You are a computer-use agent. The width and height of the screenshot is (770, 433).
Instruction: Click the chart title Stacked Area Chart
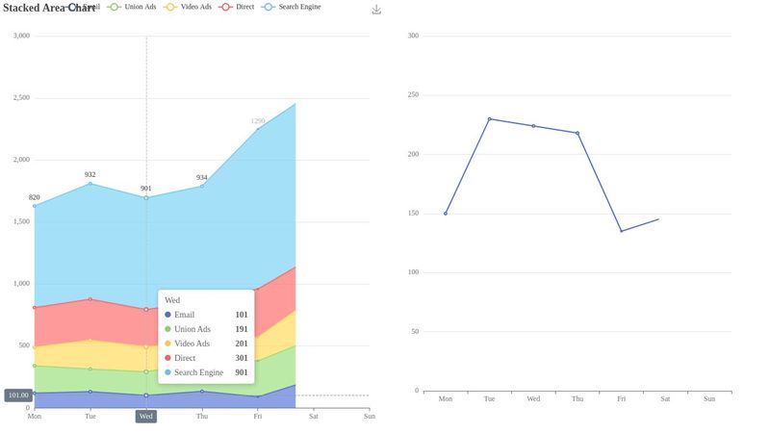48,8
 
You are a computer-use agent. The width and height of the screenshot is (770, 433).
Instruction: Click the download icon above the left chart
376,9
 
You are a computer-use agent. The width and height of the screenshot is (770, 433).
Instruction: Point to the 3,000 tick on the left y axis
20,36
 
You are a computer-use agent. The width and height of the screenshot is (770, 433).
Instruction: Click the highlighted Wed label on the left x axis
145,417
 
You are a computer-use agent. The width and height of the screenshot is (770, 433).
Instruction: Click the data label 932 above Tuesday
90,175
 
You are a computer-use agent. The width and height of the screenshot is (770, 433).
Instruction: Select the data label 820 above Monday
35,197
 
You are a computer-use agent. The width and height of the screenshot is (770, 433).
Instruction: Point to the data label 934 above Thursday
201,178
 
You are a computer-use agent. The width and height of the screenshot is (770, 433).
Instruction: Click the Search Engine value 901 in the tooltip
241,372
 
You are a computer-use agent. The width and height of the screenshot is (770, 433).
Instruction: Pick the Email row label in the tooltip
184,315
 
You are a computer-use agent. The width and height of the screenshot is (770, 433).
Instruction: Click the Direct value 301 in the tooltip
241,358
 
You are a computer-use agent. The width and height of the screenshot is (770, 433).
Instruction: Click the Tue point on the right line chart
489,119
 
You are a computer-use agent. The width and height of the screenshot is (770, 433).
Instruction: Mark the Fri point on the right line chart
621,231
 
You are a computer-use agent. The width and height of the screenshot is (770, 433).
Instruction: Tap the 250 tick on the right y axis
414,95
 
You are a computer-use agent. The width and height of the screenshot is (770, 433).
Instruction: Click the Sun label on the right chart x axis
709,398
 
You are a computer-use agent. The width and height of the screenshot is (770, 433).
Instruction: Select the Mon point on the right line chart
446,214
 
